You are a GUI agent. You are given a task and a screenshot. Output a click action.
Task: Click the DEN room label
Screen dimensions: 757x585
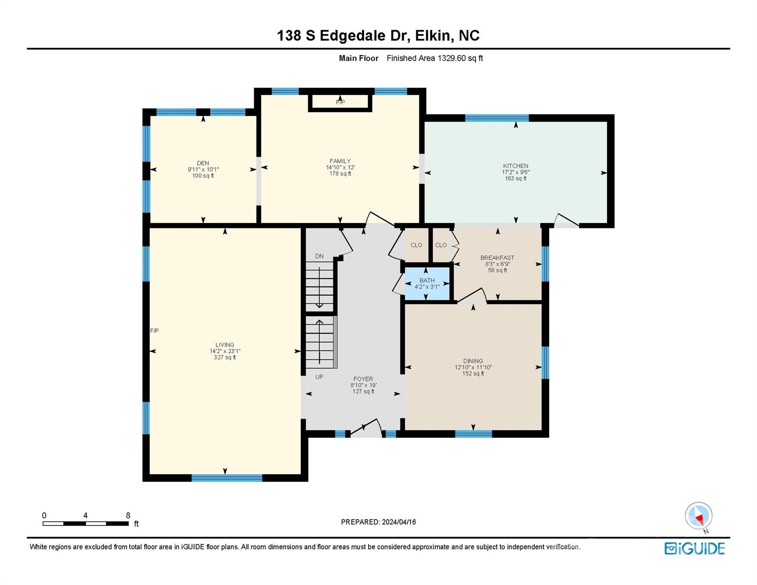pyautogui.click(x=203, y=163)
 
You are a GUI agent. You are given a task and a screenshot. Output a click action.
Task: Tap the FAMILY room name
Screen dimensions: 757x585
pyautogui.click(x=340, y=161)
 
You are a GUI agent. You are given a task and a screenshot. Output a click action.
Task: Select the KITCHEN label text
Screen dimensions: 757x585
pyautogui.click(x=516, y=166)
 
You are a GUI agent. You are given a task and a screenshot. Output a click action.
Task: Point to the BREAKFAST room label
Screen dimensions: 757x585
pyautogui.click(x=497, y=258)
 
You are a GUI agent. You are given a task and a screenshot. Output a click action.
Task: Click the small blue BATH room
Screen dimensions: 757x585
pyautogui.click(x=427, y=283)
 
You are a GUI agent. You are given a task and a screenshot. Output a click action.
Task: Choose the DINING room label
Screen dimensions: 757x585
pyautogui.click(x=473, y=361)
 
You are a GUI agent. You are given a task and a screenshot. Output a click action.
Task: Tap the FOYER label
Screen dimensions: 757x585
pyautogui.click(x=363, y=379)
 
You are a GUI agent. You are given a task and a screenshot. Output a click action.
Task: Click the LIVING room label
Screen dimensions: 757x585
pyautogui.click(x=225, y=345)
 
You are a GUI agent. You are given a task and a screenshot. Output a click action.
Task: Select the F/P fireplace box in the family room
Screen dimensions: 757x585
pyautogui.click(x=340, y=102)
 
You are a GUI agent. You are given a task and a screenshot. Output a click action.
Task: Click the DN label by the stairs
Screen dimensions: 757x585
pyautogui.click(x=319, y=256)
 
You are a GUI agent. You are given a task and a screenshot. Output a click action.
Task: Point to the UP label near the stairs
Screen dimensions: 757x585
pyautogui.click(x=319, y=377)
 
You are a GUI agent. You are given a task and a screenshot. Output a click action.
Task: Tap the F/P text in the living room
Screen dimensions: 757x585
pyautogui.click(x=154, y=331)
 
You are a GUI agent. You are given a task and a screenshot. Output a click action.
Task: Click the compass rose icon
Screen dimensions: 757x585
pyautogui.click(x=699, y=516)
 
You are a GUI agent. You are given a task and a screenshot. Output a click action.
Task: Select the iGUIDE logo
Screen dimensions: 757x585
pyautogui.click(x=695, y=549)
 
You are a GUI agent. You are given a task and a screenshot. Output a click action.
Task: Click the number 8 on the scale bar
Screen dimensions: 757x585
pyautogui.click(x=128, y=515)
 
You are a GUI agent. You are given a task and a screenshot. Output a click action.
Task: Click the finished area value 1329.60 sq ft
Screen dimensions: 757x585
pyautogui.click(x=460, y=58)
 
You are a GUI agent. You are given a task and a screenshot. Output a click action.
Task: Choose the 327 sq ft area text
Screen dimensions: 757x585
pyautogui.click(x=225, y=358)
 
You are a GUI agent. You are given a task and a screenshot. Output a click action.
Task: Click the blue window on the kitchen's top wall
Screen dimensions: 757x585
pyautogui.click(x=497, y=118)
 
